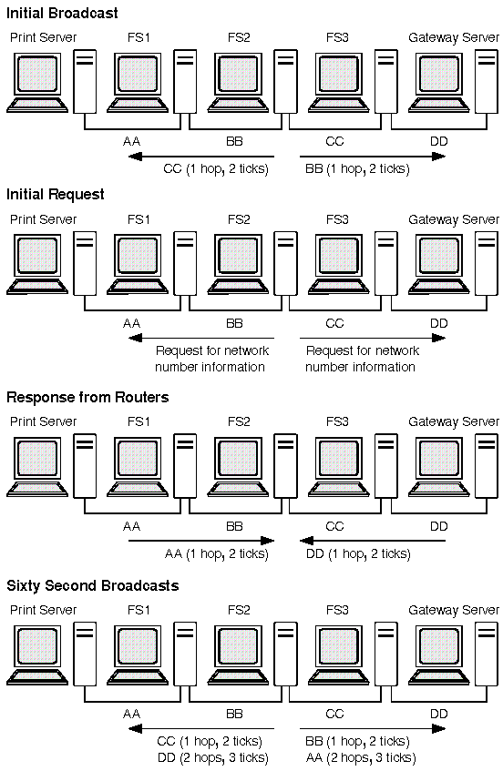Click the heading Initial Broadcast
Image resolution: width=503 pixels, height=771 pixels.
[x=62, y=13]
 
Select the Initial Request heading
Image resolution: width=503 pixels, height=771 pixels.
[x=55, y=195]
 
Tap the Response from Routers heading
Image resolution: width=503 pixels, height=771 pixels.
[x=87, y=397]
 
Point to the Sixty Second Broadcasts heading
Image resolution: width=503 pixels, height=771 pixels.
[x=93, y=585]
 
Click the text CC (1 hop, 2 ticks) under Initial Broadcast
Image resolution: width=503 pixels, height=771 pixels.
[x=216, y=169]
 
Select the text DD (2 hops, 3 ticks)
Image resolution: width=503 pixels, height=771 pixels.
[x=213, y=757]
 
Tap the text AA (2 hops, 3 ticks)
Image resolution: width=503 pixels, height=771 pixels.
[x=361, y=757]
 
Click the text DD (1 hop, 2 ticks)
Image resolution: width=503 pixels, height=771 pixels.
[x=358, y=554]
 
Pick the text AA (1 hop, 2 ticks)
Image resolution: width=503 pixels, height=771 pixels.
[x=217, y=554]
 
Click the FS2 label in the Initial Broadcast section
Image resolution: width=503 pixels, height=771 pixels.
[x=239, y=37]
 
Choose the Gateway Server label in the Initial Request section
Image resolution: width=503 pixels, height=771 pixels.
[x=453, y=219]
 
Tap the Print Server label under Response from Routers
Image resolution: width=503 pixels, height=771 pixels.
[x=44, y=421]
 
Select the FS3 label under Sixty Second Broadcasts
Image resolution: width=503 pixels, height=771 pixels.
[x=337, y=610]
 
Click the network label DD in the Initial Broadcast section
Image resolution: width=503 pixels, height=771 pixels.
[x=439, y=142]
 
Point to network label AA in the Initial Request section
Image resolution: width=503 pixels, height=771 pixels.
[x=131, y=323]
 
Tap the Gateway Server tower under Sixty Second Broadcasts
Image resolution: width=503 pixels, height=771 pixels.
[x=487, y=654]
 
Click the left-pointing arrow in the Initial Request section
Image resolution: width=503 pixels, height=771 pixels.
[x=201, y=338]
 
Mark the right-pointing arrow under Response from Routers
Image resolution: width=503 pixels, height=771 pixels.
[x=201, y=541]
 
